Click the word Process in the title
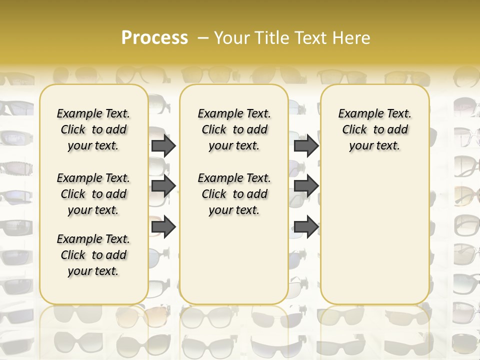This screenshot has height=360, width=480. pos(154,38)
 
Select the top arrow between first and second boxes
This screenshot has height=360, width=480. pos(163,146)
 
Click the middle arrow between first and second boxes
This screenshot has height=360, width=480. pos(163,186)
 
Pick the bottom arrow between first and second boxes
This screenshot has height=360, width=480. pos(163,227)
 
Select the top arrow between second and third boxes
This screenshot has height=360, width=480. pos(306,146)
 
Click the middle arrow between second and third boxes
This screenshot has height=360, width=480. pos(306,186)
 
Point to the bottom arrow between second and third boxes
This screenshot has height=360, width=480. pos(306,227)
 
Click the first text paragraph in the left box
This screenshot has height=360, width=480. pos(93,129)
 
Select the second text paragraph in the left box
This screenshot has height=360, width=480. pos(93,194)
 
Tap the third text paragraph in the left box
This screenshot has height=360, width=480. pos(93,255)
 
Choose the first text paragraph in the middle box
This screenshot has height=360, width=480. pos(234,129)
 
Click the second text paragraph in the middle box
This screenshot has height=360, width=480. pos(234,194)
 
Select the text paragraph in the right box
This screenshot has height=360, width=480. pos(374,129)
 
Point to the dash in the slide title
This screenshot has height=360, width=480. pos(203,38)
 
